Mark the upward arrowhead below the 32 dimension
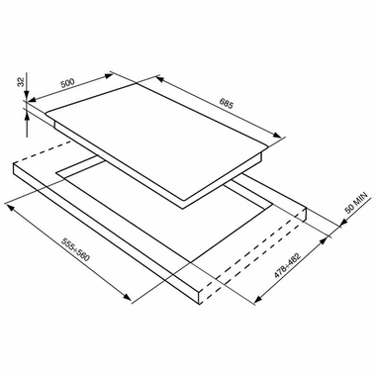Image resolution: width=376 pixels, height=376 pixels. tap(27, 117)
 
